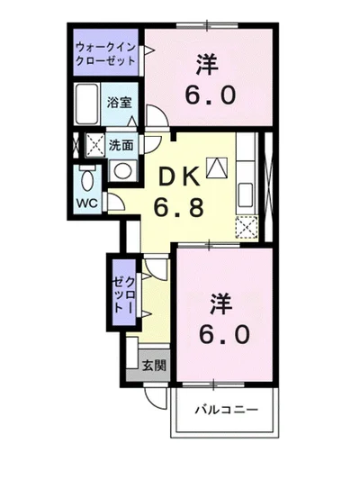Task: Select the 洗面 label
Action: pyautogui.click(x=122, y=144)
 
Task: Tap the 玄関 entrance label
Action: pyautogui.click(x=153, y=365)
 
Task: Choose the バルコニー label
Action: pyautogui.click(x=229, y=410)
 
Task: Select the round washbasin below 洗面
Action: pyautogui.click(x=123, y=168)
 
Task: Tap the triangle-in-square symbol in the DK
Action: pyautogui.click(x=217, y=166)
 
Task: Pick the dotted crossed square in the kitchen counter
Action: pyautogui.click(x=247, y=226)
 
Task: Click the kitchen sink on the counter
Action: pyautogui.click(x=247, y=193)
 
